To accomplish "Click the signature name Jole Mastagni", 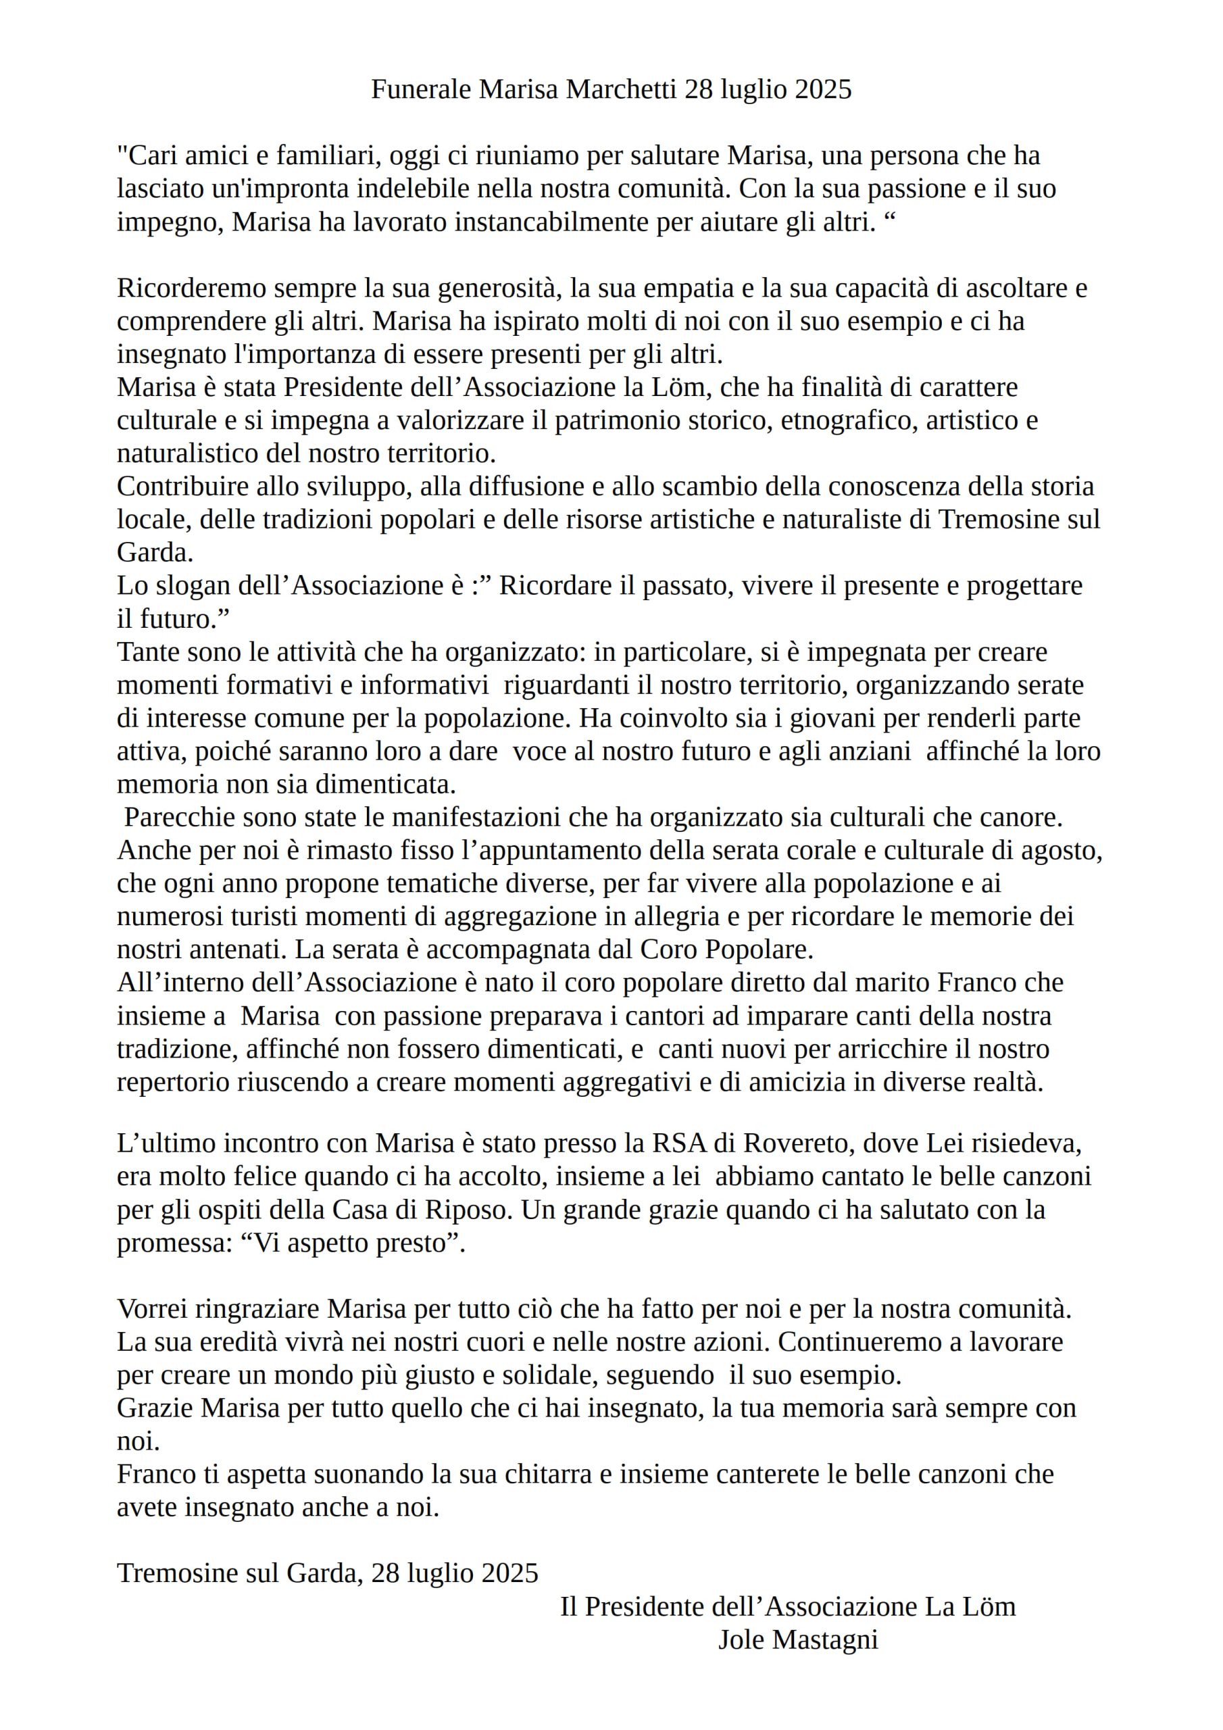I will (798, 1639).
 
